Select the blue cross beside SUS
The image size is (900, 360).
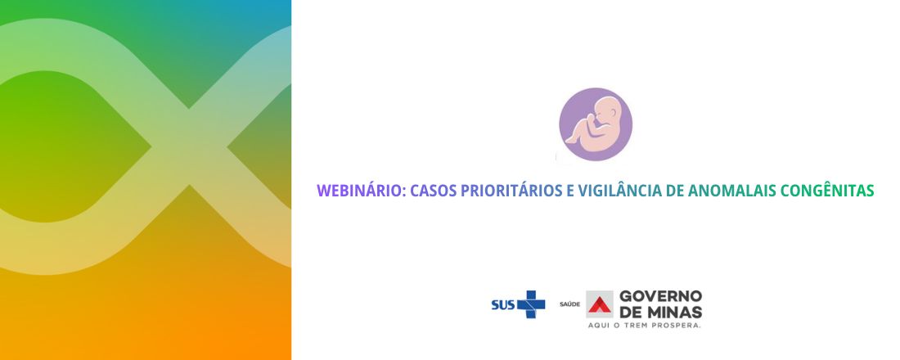pos(531,304)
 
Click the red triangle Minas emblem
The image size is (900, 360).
pos(600,304)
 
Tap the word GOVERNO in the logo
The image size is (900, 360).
pos(660,295)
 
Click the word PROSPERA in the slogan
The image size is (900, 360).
pos(679,325)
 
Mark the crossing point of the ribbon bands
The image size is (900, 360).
pos(189,149)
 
